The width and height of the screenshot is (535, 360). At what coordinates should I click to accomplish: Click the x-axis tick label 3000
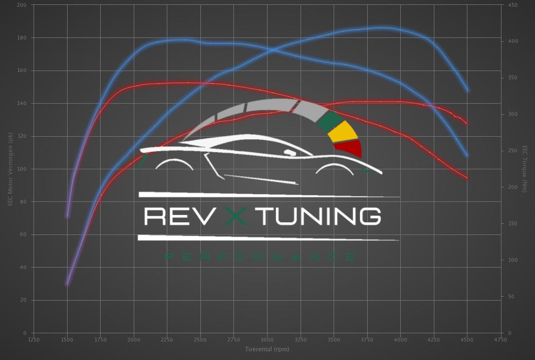coord(267,339)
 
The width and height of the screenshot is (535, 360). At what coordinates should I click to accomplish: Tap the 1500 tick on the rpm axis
coord(67,339)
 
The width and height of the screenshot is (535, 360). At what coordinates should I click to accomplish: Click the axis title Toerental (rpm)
coord(267,349)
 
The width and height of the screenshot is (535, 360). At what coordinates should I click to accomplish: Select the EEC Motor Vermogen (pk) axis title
coord(10,169)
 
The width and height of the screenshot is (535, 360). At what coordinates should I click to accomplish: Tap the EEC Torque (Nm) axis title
coord(525,169)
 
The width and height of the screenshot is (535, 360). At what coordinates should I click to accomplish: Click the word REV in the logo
coord(177,216)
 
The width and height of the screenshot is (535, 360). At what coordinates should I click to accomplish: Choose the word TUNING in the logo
coord(321,216)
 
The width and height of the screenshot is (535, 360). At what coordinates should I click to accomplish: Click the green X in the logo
coord(237,216)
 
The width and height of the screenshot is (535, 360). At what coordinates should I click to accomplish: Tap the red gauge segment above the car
coord(350,148)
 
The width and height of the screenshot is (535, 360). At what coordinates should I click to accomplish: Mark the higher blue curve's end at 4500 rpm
coord(467,90)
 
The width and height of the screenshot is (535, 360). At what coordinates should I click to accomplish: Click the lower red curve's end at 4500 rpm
coord(467,178)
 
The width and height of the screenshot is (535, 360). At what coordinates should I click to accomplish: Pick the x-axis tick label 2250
coord(167,339)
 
